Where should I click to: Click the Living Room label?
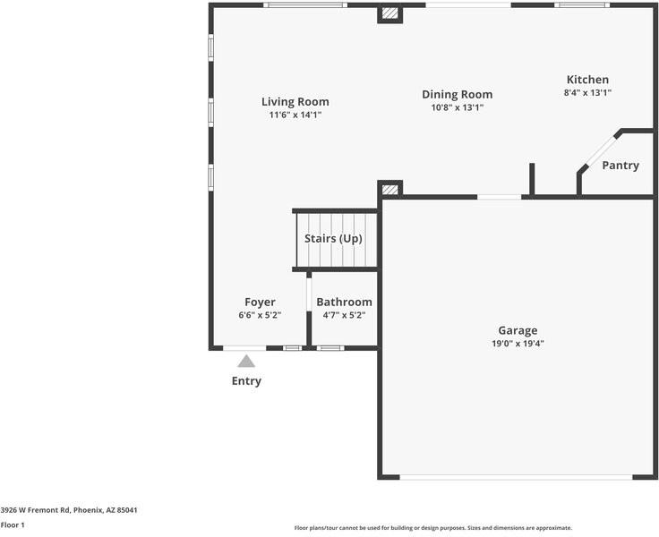pyautogui.click(x=295, y=101)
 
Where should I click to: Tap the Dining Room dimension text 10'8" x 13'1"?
pyautogui.click(x=457, y=107)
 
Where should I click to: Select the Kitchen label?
pyautogui.click(x=587, y=80)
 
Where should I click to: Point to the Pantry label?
pyautogui.click(x=620, y=166)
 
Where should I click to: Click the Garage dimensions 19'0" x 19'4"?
pyautogui.click(x=518, y=343)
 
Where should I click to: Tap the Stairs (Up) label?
pyautogui.click(x=333, y=239)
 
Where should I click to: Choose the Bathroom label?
pyautogui.click(x=344, y=303)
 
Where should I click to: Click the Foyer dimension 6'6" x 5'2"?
pyautogui.click(x=260, y=315)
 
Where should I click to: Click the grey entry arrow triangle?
pyautogui.click(x=246, y=362)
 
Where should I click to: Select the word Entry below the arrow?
pyautogui.click(x=246, y=381)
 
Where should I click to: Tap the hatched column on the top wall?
pyautogui.click(x=389, y=13)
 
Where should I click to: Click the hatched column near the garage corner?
pyautogui.click(x=389, y=189)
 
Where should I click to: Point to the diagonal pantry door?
pyautogui.click(x=598, y=152)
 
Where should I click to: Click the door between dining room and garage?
pyautogui.click(x=499, y=197)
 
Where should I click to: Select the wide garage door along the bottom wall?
pyautogui.click(x=515, y=476)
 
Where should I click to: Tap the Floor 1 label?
pyautogui.click(x=13, y=525)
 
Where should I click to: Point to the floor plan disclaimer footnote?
pyautogui.click(x=432, y=528)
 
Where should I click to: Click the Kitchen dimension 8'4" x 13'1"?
pyautogui.click(x=587, y=92)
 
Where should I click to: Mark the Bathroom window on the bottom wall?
pyautogui.click(x=329, y=347)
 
